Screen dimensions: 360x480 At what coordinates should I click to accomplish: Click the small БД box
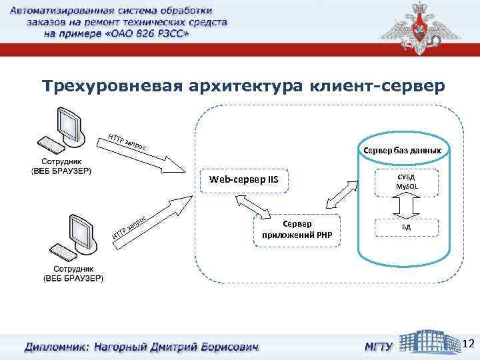tap(406, 227)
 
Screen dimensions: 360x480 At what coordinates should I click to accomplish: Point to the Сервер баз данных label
tap(402, 150)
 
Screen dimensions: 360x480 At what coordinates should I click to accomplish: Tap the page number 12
tap(468, 343)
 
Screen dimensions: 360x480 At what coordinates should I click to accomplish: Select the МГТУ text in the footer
tap(377, 347)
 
